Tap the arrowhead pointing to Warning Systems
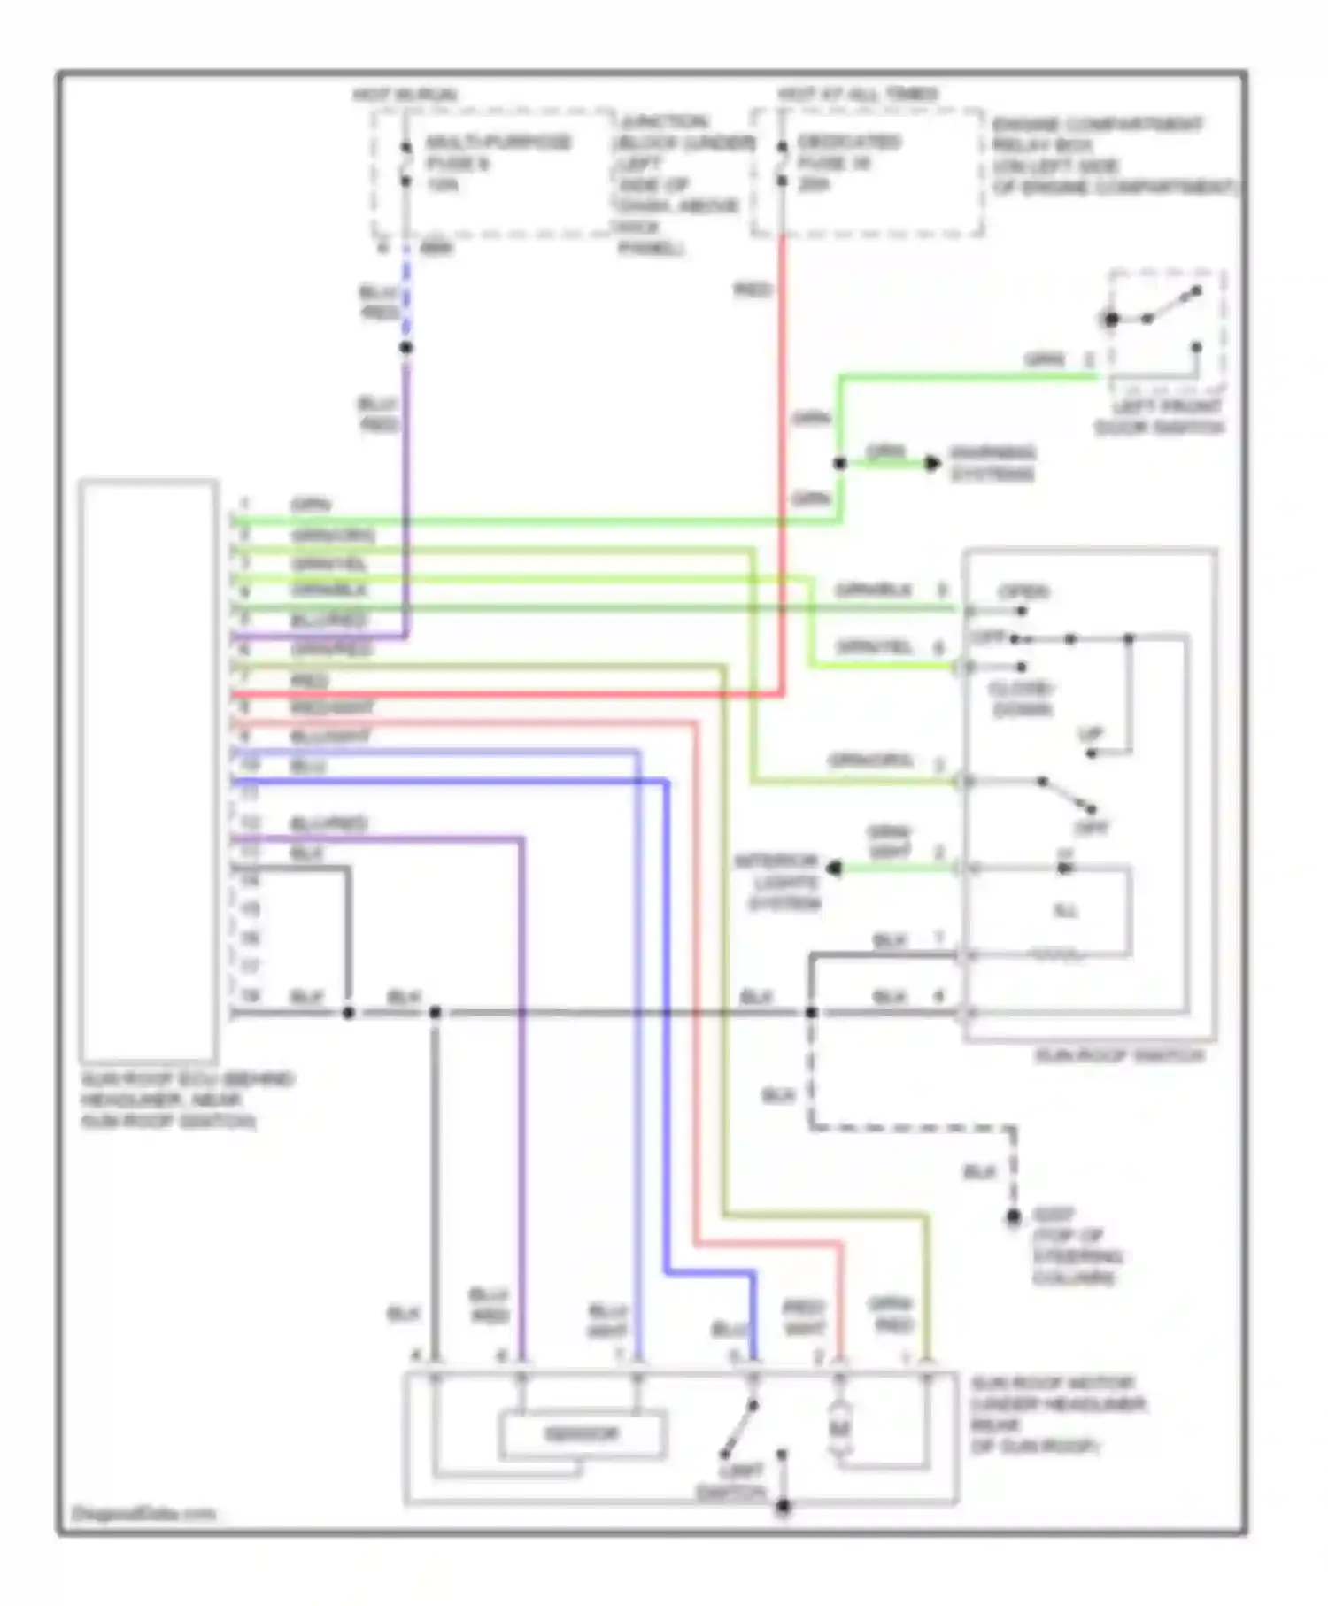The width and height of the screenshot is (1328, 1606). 932,463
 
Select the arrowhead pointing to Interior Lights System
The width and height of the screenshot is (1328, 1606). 834,869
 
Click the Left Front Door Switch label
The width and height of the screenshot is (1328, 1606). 1158,417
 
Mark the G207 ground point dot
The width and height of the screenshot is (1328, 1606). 1014,1218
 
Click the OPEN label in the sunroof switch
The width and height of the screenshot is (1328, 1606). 1023,591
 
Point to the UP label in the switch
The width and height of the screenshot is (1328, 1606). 1090,734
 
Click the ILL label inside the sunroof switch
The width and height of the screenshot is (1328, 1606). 1066,911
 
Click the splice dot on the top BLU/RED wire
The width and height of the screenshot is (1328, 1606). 405,348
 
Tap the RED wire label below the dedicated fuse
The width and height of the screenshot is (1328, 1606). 753,290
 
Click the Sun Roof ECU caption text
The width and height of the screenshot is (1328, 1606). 187,1100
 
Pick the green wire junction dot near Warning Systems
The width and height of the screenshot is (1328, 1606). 839,463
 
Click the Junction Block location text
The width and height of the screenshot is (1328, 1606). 677,184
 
